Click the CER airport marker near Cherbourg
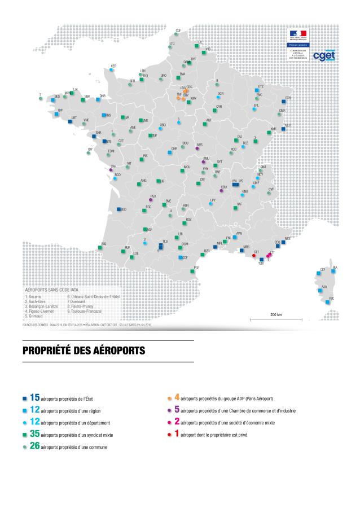click(x=111, y=70)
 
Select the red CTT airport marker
click(x=254, y=256)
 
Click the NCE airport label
click(x=288, y=239)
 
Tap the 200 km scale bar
click(x=276, y=319)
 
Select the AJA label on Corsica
click(x=324, y=287)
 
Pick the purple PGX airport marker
click(x=150, y=199)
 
